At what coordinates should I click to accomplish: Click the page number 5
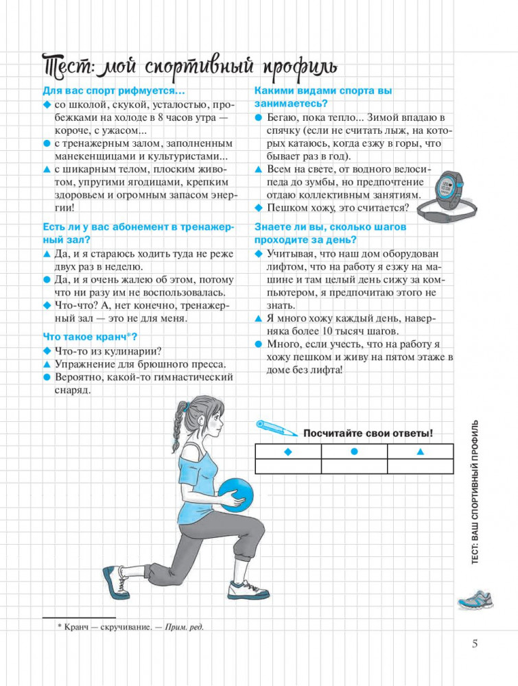click(475, 644)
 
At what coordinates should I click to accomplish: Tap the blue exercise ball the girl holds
click(236, 495)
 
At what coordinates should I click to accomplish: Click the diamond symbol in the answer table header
click(288, 452)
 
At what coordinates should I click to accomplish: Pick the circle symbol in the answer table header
click(355, 451)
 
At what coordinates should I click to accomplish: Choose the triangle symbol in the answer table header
click(421, 451)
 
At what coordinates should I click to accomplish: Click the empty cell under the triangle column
click(421, 466)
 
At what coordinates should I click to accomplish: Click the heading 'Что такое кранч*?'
click(90, 337)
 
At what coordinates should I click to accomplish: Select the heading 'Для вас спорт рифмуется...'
click(114, 91)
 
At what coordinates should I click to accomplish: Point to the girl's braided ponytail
click(178, 427)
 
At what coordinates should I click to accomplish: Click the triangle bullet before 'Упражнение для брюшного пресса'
click(47, 364)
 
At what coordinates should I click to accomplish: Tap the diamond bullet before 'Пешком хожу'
click(259, 208)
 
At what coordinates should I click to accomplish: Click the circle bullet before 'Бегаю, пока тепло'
click(259, 118)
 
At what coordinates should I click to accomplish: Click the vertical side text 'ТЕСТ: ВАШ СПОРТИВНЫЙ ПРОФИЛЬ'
click(475, 492)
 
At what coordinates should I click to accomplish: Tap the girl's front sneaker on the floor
click(248, 589)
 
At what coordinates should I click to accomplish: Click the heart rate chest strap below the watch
click(446, 211)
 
